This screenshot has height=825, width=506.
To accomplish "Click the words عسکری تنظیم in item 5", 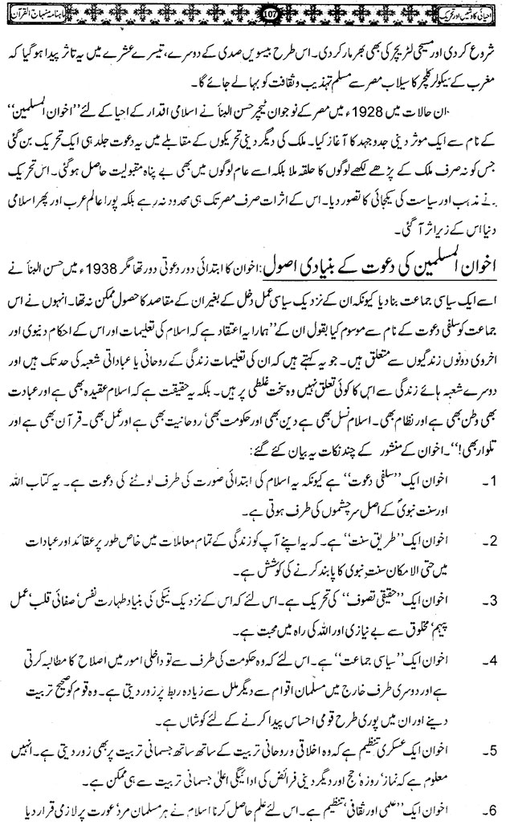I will point(385,751).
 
